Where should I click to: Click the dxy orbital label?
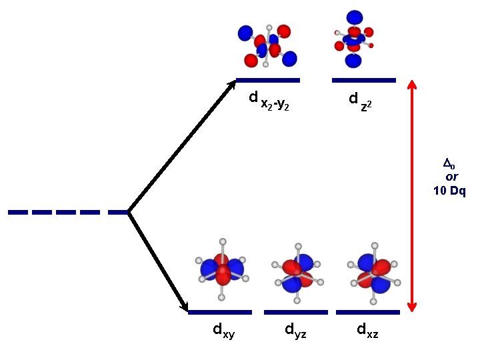pos(223,329)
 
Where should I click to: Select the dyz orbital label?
pos(295,329)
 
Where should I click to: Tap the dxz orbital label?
pos(367,329)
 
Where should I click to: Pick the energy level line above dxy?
pos(220,312)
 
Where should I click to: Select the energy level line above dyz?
pos(296,312)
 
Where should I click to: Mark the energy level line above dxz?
pos(368,312)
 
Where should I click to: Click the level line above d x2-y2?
pos(268,81)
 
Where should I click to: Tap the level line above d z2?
pos(364,81)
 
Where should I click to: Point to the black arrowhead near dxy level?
pos(184,306)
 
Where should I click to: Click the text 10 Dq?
pos(449,191)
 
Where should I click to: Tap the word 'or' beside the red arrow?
pos(451,177)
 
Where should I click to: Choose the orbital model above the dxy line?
pos(222,269)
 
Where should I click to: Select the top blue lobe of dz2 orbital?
pos(355,17)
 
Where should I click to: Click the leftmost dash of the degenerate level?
pos(18,213)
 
